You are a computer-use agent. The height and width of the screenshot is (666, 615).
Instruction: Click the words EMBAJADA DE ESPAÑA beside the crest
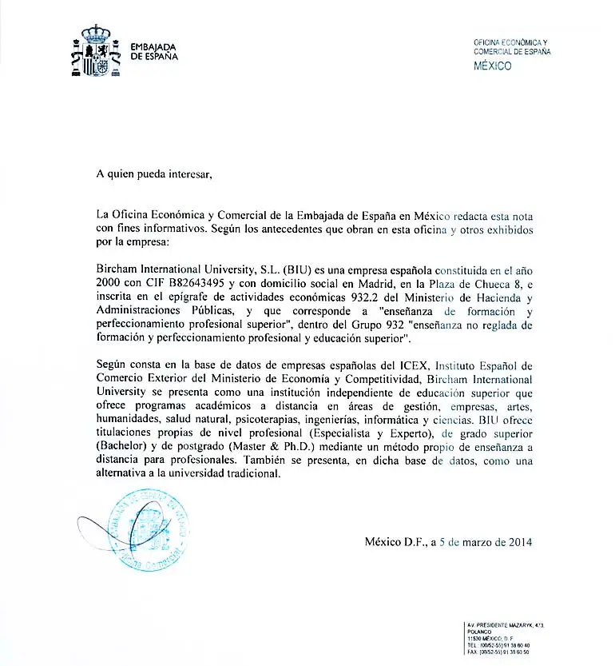pos(154,52)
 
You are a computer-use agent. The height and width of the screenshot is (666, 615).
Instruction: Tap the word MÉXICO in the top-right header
pos(493,66)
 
